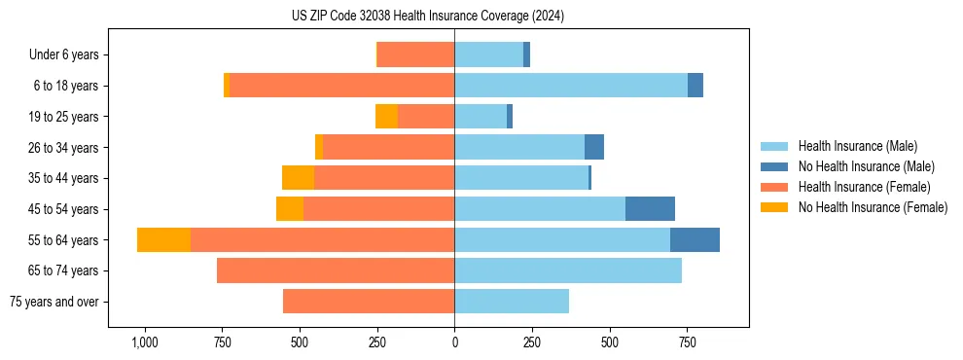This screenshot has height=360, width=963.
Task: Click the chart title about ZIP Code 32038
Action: (428, 16)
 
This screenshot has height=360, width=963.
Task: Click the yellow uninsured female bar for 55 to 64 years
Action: (163, 240)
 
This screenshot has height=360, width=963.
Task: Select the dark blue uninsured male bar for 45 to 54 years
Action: (650, 209)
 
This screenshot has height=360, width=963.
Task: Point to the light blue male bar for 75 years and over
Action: (512, 302)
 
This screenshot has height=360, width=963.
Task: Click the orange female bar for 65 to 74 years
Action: (336, 270)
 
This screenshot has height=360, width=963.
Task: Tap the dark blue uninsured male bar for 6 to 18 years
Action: (695, 86)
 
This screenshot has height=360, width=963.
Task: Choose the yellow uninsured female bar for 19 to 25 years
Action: (386, 117)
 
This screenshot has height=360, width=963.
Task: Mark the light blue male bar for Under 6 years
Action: (488, 55)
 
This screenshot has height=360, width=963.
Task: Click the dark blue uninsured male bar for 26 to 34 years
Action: (594, 148)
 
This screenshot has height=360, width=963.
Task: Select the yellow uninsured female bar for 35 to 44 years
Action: (298, 178)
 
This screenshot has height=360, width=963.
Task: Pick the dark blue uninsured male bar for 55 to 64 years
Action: (695, 240)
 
